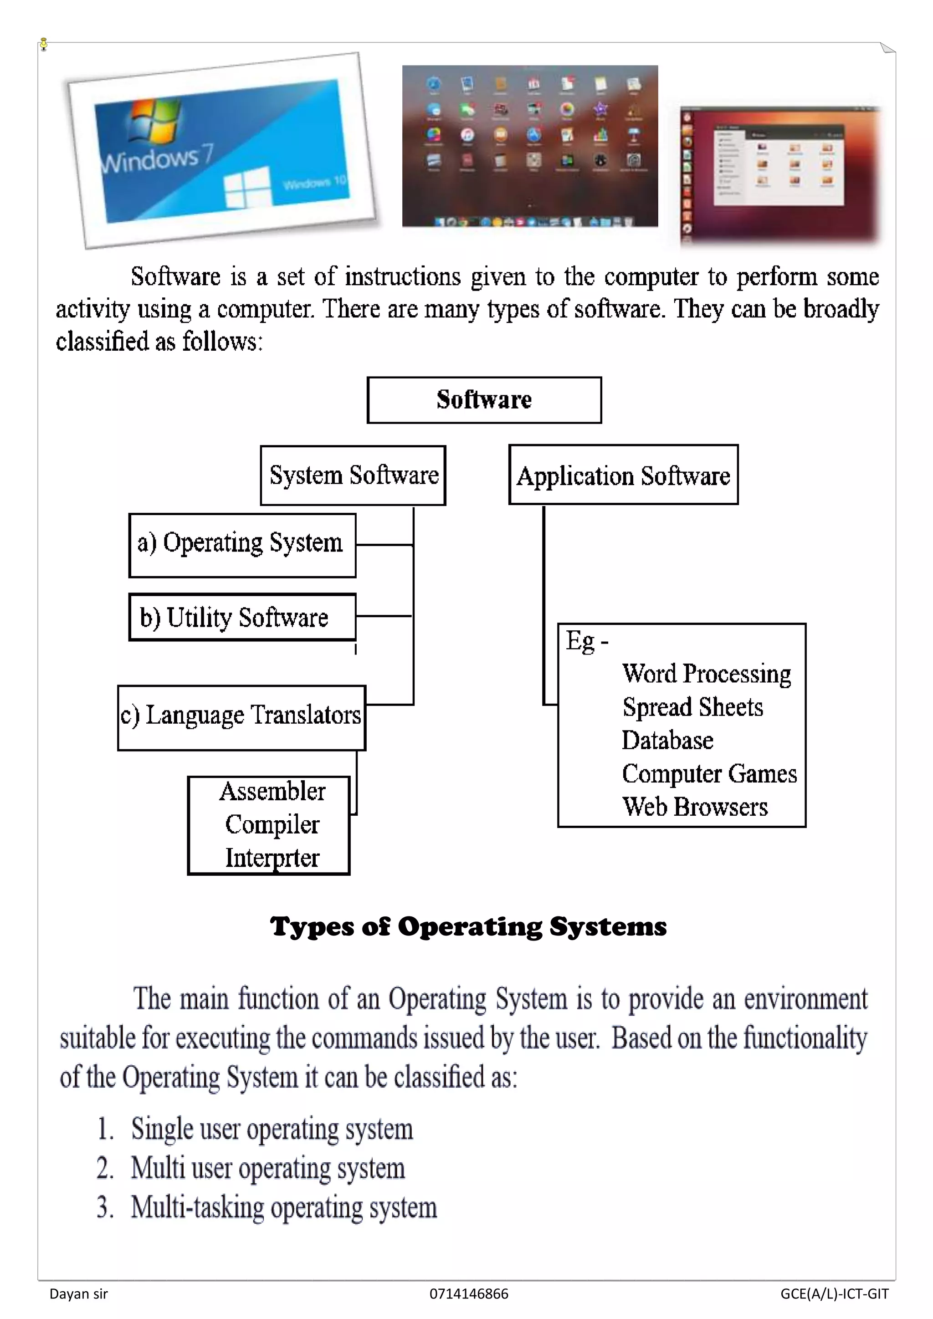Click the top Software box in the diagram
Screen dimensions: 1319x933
(484, 400)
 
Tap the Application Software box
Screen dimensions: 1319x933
(623, 475)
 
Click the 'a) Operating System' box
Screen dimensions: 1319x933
(242, 545)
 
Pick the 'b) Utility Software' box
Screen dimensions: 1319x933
(242, 617)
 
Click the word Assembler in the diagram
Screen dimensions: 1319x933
(272, 792)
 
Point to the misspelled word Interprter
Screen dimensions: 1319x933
(272, 858)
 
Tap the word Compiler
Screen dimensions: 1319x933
(272, 824)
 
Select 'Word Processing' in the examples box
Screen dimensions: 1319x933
(706, 673)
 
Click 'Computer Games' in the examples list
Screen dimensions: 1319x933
(709, 773)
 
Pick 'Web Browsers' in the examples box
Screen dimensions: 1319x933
(695, 807)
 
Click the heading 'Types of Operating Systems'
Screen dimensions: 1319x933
(468, 927)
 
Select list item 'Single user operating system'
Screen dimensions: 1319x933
(272, 1129)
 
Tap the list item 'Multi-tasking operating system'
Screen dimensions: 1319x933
(284, 1207)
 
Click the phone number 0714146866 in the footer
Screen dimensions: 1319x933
(469, 1294)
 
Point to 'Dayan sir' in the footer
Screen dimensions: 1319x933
(79, 1294)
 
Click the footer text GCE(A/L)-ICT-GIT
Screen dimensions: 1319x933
(834, 1294)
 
